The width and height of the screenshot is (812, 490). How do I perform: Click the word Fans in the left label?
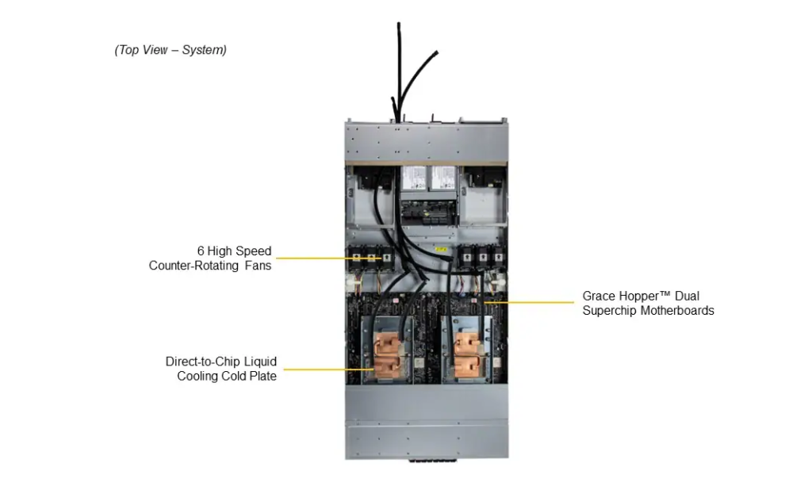[257, 266]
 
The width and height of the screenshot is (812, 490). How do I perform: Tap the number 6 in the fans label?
[201, 251]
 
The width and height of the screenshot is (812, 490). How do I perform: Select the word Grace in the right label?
[599, 297]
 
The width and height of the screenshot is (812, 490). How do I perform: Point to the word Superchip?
[609, 311]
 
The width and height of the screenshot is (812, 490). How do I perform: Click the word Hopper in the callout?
[649, 297]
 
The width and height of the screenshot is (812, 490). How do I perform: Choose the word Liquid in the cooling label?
[260, 362]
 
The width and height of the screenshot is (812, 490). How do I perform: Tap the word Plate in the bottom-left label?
[262, 376]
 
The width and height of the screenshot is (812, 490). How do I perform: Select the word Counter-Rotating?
[194, 266]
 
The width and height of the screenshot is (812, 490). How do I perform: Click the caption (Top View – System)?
[170, 50]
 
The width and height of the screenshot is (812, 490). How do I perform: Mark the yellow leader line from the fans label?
[317, 258]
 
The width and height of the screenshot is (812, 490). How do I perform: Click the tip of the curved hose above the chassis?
[435, 53]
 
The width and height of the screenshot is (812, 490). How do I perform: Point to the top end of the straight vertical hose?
[399, 25]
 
